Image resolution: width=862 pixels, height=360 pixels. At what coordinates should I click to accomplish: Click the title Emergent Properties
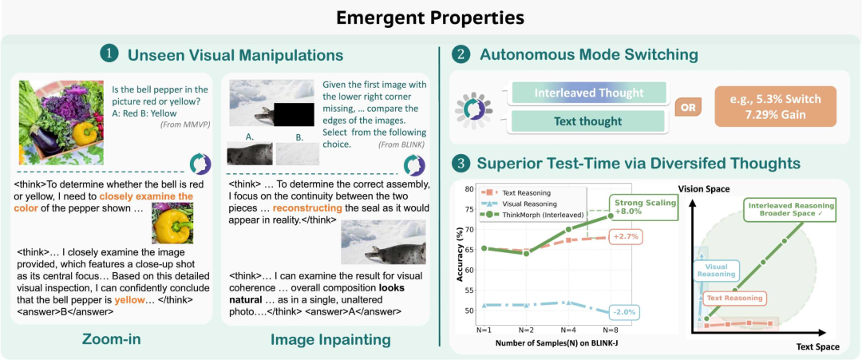pyautogui.click(x=430, y=18)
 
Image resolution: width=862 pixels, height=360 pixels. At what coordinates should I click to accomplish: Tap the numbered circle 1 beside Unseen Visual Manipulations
pyautogui.click(x=109, y=54)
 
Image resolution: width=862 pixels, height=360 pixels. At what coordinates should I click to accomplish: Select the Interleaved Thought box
pyautogui.click(x=589, y=93)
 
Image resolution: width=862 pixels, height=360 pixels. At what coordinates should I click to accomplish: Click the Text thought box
pyautogui.click(x=589, y=121)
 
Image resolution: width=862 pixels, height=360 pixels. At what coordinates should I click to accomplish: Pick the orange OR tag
pyautogui.click(x=689, y=107)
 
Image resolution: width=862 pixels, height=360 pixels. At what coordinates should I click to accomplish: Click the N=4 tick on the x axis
pyautogui.click(x=568, y=331)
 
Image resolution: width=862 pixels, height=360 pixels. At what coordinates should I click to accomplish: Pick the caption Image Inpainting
pyautogui.click(x=331, y=340)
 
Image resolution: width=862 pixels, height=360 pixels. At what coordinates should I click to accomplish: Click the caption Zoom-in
pyautogui.click(x=112, y=339)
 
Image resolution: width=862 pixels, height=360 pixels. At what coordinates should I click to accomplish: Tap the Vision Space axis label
pyautogui.click(x=704, y=188)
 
